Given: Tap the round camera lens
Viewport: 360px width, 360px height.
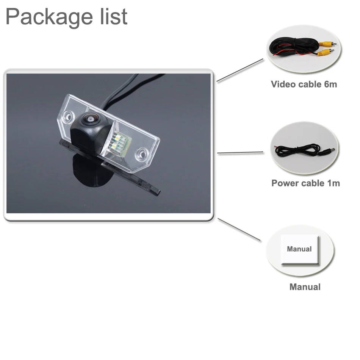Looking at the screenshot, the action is [90, 119].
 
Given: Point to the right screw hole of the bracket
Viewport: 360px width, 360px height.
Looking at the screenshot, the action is [143, 153].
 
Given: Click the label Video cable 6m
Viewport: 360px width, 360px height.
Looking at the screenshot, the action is [304, 84].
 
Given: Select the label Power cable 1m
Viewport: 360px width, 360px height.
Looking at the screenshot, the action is [305, 183].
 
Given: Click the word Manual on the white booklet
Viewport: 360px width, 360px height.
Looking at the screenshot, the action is [299, 249].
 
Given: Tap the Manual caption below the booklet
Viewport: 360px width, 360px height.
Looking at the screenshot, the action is [305, 287].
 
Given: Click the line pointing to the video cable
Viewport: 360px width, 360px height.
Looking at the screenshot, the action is [239, 70].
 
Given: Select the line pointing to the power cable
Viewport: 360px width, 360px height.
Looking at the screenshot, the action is [240, 153].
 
